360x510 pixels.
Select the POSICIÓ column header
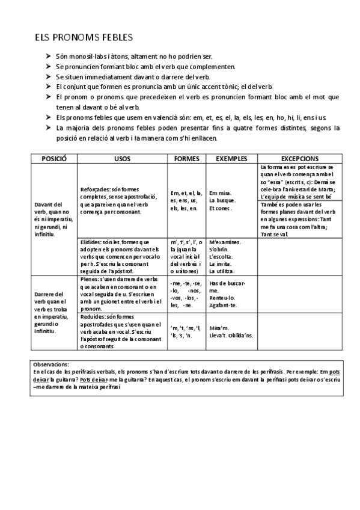point(55,158)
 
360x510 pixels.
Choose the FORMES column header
point(186,158)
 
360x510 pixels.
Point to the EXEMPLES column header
point(231,158)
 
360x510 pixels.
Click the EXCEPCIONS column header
point(299,158)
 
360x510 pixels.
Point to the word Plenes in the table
point(90,280)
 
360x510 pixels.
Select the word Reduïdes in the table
point(93,316)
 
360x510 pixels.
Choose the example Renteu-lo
point(222,298)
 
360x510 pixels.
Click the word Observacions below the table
point(51,364)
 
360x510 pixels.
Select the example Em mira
point(220,193)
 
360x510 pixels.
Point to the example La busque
point(222,200)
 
